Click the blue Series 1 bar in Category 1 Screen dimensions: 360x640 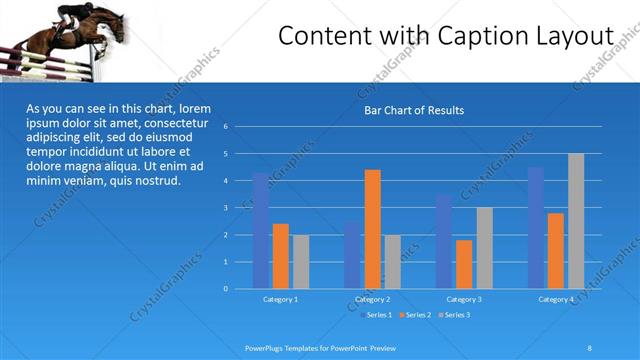(261, 231)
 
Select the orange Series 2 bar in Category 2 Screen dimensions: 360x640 (372, 229)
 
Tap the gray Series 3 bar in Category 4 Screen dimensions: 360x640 (576, 221)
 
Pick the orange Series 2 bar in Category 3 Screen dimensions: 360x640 (464, 264)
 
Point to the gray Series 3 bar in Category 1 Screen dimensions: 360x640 (301, 262)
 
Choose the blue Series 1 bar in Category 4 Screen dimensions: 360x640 (536, 228)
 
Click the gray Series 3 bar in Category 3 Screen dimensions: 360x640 (484, 248)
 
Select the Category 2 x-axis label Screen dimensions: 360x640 (372, 299)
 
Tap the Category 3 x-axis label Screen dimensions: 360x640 (464, 299)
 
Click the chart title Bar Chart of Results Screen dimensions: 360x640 (413, 110)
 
